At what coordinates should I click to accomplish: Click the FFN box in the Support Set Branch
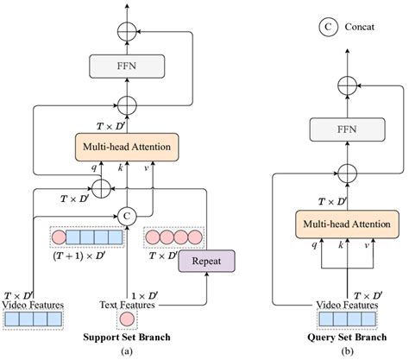(x=127, y=66)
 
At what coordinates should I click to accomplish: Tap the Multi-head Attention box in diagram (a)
(x=128, y=146)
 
